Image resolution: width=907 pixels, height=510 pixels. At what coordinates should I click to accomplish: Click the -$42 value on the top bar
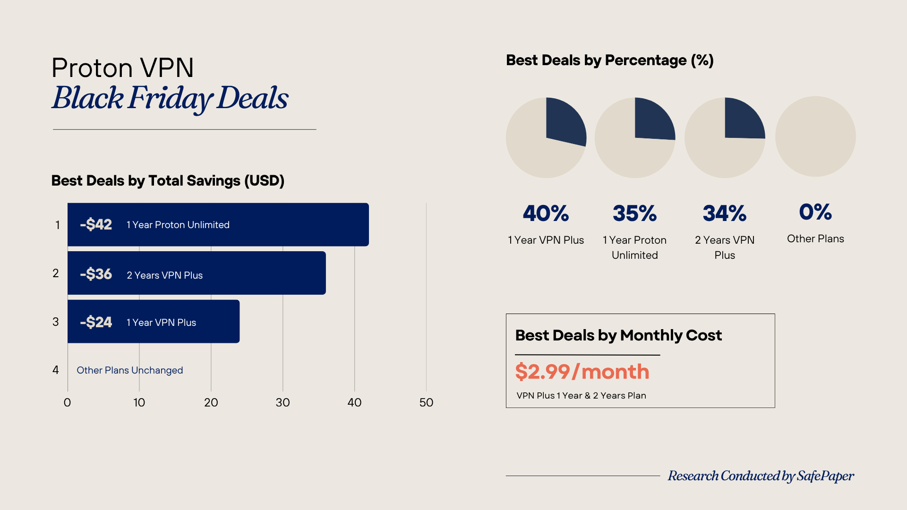(x=96, y=224)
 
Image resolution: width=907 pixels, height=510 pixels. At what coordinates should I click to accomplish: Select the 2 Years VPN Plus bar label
(x=164, y=275)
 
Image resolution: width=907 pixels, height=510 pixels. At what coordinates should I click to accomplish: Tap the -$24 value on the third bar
(x=96, y=322)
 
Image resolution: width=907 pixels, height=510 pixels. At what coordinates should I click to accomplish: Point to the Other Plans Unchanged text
(x=129, y=370)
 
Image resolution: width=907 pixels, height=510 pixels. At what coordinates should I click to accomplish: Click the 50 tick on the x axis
(x=426, y=402)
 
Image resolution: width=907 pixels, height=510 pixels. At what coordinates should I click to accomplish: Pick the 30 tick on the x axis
(x=282, y=402)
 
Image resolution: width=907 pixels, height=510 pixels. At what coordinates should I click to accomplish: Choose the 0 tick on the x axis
(x=68, y=402)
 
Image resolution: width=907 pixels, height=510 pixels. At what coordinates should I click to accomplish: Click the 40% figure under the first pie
(x=546, y=213)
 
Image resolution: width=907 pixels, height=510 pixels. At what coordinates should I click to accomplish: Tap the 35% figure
(x=634, y=213)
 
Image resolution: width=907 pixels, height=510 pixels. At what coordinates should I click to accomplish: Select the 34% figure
(x=725, y=213)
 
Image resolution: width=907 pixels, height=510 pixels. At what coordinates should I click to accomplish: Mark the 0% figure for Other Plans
(x=815, y=212)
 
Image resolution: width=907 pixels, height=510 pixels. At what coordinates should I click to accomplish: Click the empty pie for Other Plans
(x=815, y=137)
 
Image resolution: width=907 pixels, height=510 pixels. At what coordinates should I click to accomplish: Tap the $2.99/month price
(x=582, y=372)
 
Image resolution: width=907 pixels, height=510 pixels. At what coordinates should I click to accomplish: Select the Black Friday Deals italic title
(x=170, y=98)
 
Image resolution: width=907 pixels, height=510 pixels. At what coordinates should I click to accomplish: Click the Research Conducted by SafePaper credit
(x=761, y=476)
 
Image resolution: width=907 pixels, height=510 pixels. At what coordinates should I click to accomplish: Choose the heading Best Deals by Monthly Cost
(x=618, y=335)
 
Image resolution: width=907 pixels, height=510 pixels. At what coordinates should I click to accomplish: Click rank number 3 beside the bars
(x=56, y=322)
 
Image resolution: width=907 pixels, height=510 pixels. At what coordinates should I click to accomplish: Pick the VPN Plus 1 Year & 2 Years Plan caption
(x=581, y=396)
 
